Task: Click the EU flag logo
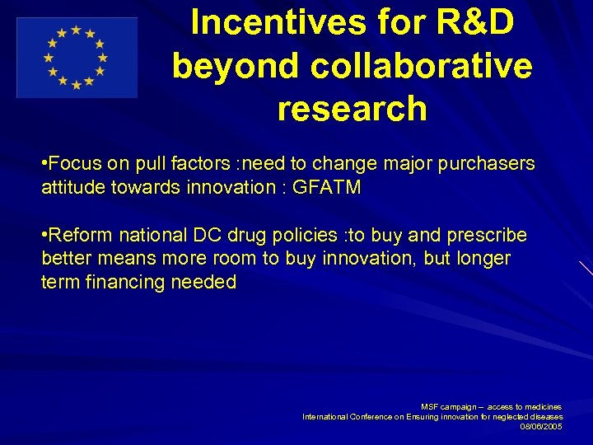(77, 58)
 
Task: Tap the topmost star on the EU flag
(77, 30)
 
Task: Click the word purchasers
(486, 163)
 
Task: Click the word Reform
(81, 236)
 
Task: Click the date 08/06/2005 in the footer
(541, 426)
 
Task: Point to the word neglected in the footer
(506, 416)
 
